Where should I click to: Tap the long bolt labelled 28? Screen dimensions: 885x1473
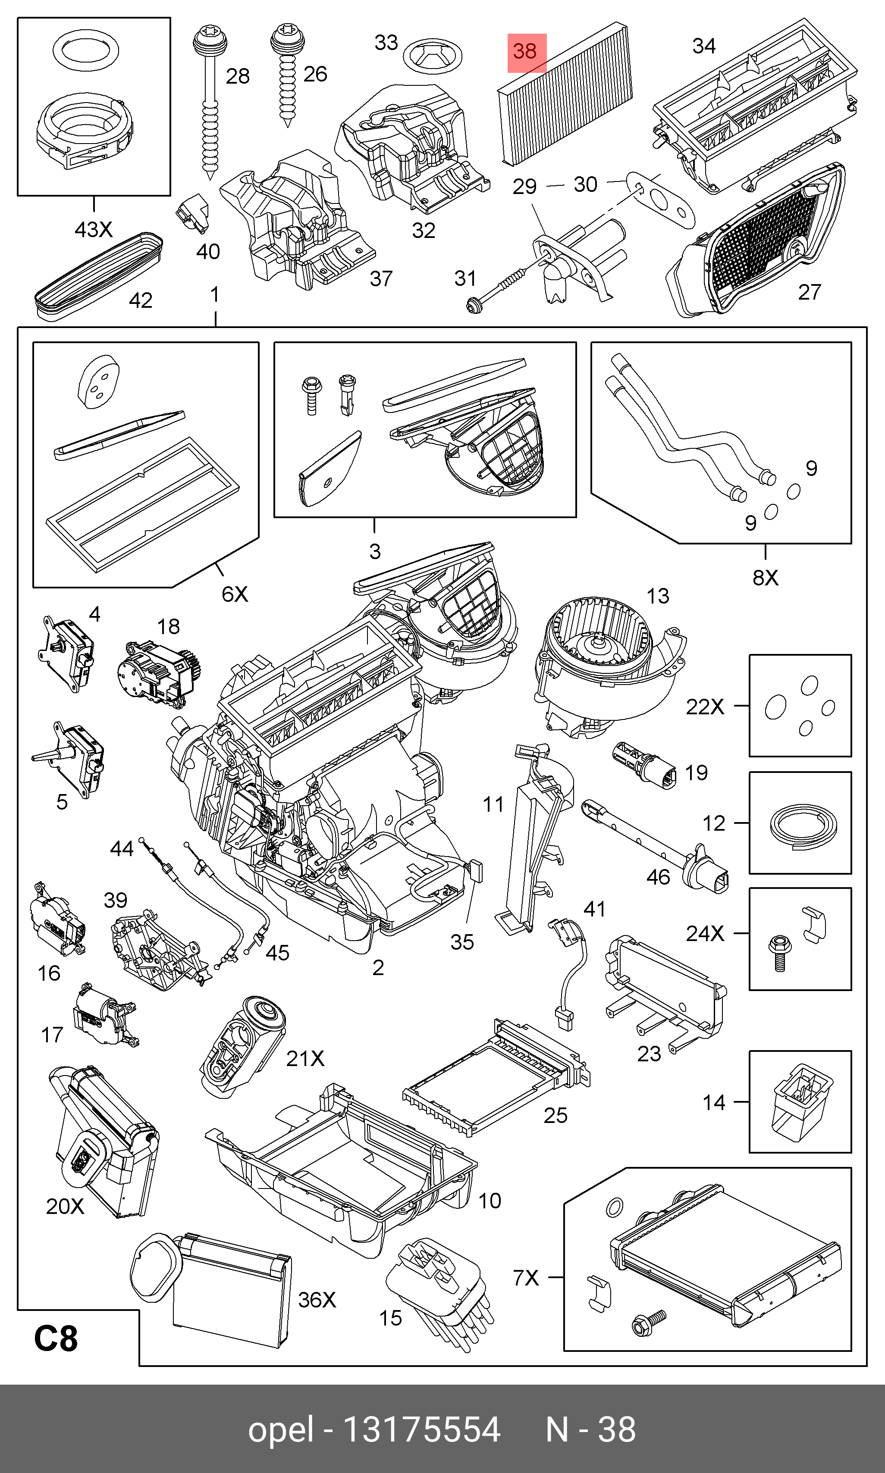click(x=210, y=101)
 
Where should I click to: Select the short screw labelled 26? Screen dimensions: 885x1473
click(x=287, y=75)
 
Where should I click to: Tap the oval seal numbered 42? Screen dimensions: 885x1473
click(x=98, y=277)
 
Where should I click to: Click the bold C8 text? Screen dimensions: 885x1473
click(x=56, y=1338)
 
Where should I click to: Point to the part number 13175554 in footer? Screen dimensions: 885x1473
click(x=422, y=1429)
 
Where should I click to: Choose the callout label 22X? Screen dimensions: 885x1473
click(x=705, y=707)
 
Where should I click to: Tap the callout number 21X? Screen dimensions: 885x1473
click(x=305, y=1058)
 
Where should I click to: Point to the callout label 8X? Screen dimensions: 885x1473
click(x=765, y=578)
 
